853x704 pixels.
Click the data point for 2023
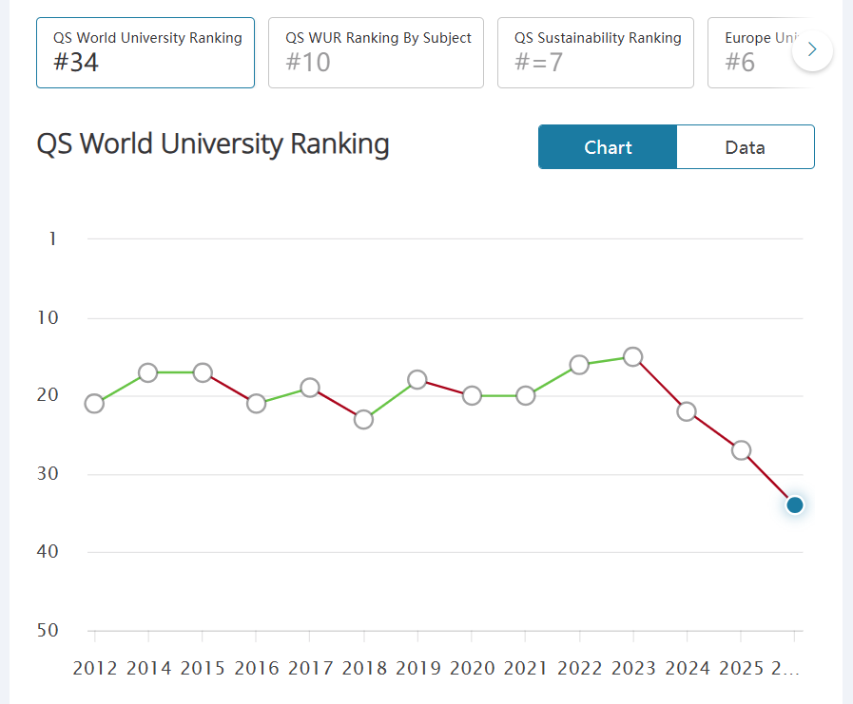pyautogui.click(x=632, y=357)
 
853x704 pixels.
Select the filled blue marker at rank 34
pyautogui.click(x=795, y=504)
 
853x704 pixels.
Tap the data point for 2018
pyautogui.click(x=363, y=419)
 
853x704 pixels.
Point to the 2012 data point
pyautogui.click(x=94, y=404)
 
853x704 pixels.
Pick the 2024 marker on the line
pyautogui.click(x=687, y=411)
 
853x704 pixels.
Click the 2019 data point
pyautogui.click(x=417, y=380)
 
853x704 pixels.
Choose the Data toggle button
pyautogui.click(x=745, y=147)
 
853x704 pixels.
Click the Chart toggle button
pyautogui.click(x=608, y=147)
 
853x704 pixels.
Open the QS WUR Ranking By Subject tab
pyautogui.click(x=377, y=52)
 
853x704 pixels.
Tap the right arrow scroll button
pyautogui.click(x=812, y=50)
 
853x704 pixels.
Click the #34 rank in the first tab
pyautogui.click(x=76, y=64)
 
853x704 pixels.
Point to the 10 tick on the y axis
pyautogui.click(x=48, y=317)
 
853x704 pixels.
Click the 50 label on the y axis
pyautogui.click(x=48, y=631)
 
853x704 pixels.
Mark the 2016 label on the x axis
pyautogui.click(x=257, y=668)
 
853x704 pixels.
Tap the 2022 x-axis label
pyautogui.click(x=579, y=668)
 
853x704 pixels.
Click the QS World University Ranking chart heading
pyautogui.click(x=213, y=144)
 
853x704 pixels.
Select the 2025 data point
pyautogui.click(x=741, y=450)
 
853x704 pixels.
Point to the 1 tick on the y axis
pyautogui.click(x=52, y=238)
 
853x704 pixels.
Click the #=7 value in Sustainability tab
pyautogui.click(x=540, y=64)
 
